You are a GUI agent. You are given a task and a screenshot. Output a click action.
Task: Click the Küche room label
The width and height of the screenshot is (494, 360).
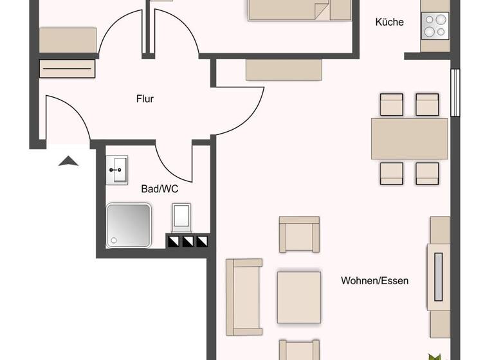(389, 22)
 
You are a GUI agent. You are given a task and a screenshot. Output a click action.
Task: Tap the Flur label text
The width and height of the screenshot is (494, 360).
(145, 99)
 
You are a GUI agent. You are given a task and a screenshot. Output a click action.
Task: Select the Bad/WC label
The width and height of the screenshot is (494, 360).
(160, 189)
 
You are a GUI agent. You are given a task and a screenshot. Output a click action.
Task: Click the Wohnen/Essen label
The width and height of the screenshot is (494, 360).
(374, 281)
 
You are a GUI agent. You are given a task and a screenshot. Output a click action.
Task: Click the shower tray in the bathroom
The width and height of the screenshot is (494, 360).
(129, 225)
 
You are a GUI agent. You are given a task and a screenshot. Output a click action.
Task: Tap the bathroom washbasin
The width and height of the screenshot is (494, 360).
(118, 170)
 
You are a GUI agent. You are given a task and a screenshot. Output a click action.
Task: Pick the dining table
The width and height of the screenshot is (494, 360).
(409, 138)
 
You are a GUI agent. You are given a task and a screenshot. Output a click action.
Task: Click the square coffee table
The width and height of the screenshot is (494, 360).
(299, 297)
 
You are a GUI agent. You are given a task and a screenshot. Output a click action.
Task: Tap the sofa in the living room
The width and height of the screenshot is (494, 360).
(244, 297)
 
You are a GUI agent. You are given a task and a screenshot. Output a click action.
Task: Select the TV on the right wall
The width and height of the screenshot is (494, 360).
(439, 276)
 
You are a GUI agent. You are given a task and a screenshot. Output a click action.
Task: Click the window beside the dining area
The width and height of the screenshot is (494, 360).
(455, 92)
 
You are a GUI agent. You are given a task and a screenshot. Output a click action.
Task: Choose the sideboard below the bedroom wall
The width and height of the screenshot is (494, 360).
(284, 69)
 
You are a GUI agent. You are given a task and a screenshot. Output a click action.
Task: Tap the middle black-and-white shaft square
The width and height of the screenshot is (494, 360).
(188, 242)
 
